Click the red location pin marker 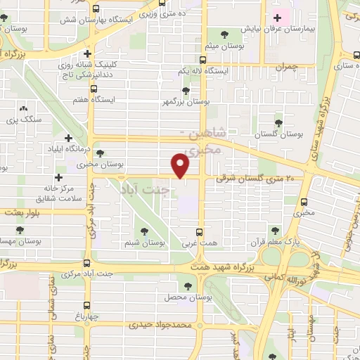pos(181,166)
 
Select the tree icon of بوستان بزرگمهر pos(186,90)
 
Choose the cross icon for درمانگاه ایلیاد pos(68,139)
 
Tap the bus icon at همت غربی pos(200,231)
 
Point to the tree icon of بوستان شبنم pos(145,231)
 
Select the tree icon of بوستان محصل pos(187,286)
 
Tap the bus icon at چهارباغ pos(86,305)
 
